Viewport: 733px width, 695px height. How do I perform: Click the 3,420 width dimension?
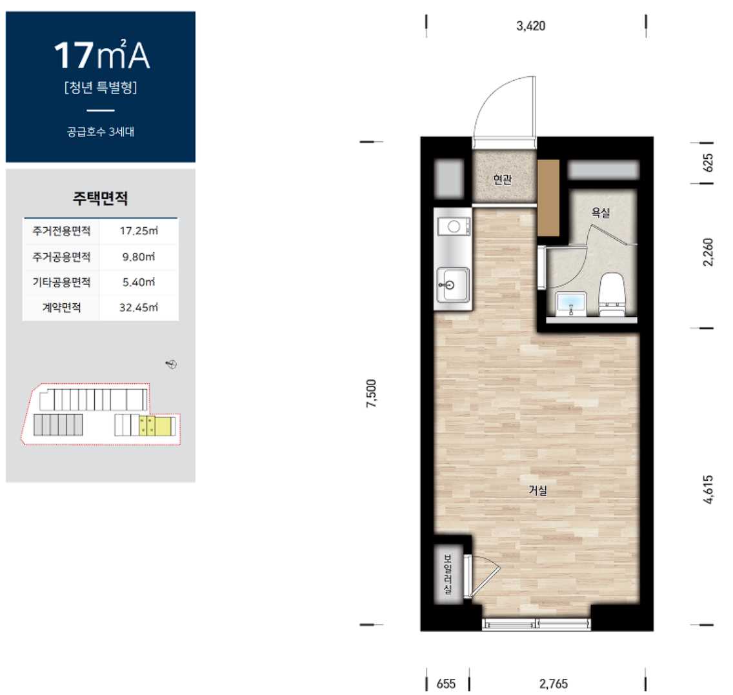[530, 26]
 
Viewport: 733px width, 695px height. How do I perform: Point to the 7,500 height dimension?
[371, 394]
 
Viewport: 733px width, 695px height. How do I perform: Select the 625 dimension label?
[708, 163]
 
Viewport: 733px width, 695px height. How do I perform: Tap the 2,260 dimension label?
[708, 252]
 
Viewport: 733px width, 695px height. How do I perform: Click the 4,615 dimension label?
[708, 489]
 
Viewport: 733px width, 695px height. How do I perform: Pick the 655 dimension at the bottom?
[446, 684]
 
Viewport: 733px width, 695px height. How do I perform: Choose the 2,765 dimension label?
[554, 684]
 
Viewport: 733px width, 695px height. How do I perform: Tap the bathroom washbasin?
[571, 303]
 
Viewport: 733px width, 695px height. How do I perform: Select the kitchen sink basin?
[453, 285]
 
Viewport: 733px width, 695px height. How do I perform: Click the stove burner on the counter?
[454, 227]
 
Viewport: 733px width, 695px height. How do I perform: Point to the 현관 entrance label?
[503, 179]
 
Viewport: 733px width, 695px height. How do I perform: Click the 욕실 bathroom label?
[601, 213]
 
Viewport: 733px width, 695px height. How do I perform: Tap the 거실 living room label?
[537, 490]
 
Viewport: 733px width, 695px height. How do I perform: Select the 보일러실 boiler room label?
[448, 574]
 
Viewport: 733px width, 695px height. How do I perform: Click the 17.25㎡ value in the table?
[139, 231]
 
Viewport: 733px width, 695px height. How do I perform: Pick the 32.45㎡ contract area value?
[139, 308]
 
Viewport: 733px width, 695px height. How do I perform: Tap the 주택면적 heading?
[101, 198]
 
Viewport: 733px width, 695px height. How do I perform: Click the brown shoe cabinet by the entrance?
[548, 197]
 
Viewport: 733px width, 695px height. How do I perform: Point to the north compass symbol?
[172, 364]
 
